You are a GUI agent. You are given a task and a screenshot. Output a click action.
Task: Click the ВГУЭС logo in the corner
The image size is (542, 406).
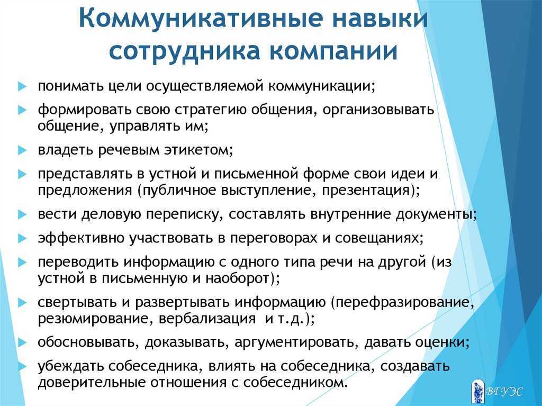[497, 391]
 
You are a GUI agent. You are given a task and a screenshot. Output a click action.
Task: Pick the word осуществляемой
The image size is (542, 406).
[206, 86]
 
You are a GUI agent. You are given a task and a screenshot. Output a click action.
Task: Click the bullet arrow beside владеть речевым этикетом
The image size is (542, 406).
[22, 150]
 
